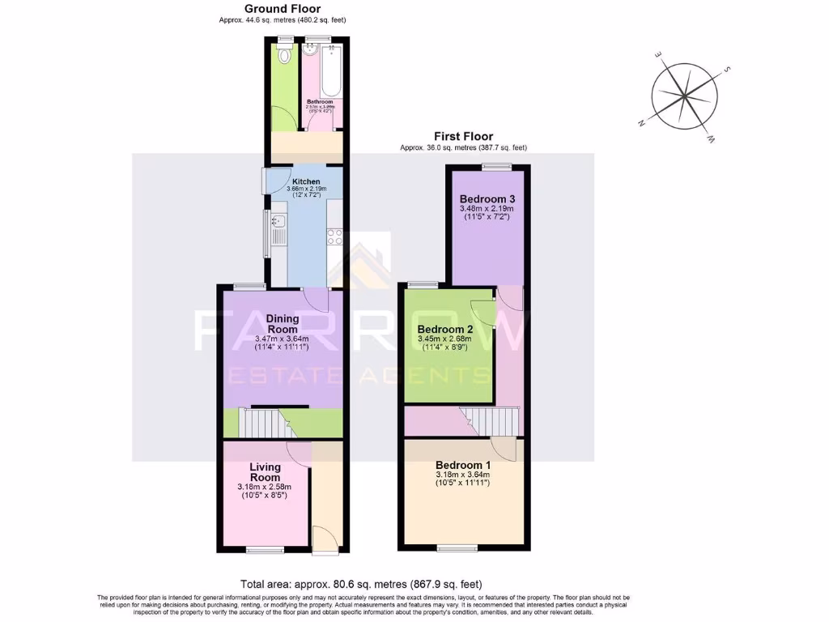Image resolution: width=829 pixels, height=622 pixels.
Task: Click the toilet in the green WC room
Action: coord(284,56)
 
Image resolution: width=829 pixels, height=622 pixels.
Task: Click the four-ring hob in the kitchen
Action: coord(334,236)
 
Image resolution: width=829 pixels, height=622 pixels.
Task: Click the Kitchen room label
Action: coord(306,181)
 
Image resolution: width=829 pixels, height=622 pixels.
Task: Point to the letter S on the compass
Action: coord(728,70)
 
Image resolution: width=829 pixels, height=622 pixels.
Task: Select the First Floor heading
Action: coord(463,137)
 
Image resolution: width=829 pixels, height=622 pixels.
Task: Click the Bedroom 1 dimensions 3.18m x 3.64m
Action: coord(463,475)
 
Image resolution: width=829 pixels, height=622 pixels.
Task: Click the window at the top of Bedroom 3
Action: coord(496,167)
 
